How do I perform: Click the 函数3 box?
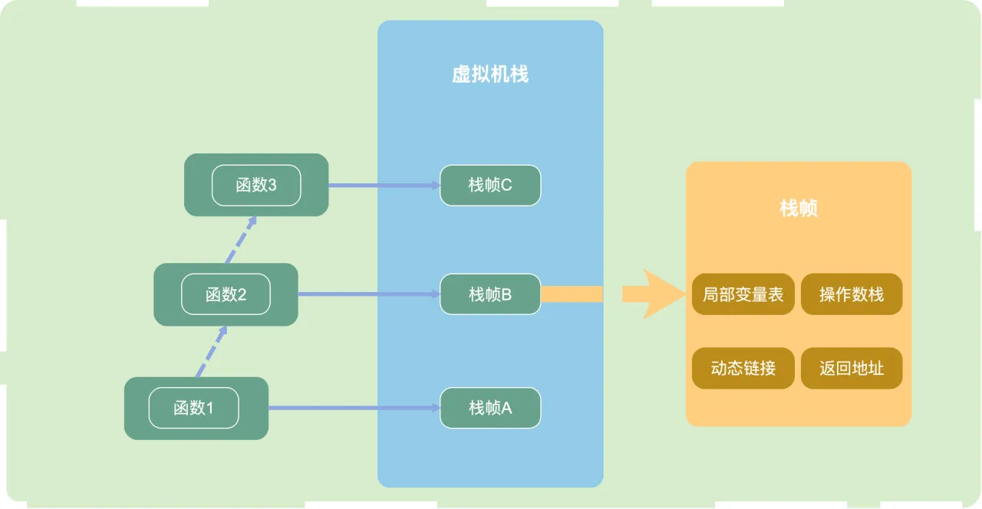[x=256, y=185]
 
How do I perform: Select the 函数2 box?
[x=226, y=294]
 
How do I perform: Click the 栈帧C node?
[x=490, y=186]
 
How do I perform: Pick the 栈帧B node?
[x=490, y=294]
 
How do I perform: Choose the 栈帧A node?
[x=490, y=408]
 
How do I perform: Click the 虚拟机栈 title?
[x=490, y=74]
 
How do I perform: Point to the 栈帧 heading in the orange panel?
[x=799, y=208]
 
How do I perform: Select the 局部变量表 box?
[x=743, y=294]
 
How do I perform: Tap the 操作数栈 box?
[x=852, y=294]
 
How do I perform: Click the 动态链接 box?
[x=743, y=369]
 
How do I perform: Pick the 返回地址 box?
[x=852, y=369]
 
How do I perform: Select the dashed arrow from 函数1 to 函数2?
[x=212, y=351]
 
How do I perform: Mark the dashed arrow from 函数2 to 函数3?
[x=241, y=240]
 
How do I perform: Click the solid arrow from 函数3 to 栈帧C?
[x=384, y=186]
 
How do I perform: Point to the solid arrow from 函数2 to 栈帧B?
[x=369, y=294]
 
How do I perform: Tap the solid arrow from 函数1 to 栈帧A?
[x=354, y=408]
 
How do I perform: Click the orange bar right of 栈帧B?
[x=572, y=294]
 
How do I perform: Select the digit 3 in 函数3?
[x=272, y=186]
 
